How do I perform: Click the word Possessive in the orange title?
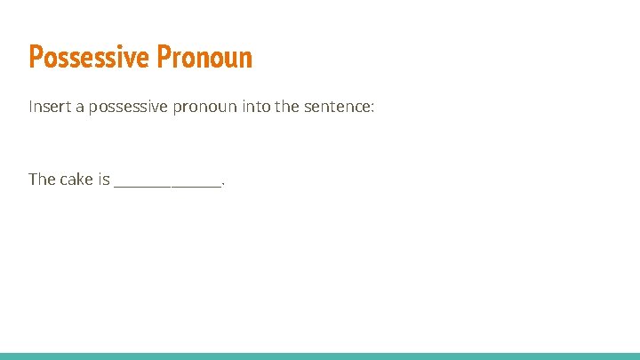coord(90,58)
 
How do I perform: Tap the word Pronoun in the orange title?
coord(205,58)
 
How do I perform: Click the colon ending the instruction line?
coord(374,108)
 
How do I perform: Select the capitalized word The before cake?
coord(42,180)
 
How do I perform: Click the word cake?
coord(76,180)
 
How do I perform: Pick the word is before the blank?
coord(104,180)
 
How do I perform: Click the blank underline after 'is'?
coord(168,185)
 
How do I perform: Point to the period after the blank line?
coord(223,184)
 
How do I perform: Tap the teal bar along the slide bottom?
coord(320,356)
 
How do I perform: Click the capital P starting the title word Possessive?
coord(36,58)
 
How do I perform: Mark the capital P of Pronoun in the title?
coord(164,58)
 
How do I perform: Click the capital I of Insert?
coord(31,107)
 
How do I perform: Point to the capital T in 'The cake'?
coord(33,180)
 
